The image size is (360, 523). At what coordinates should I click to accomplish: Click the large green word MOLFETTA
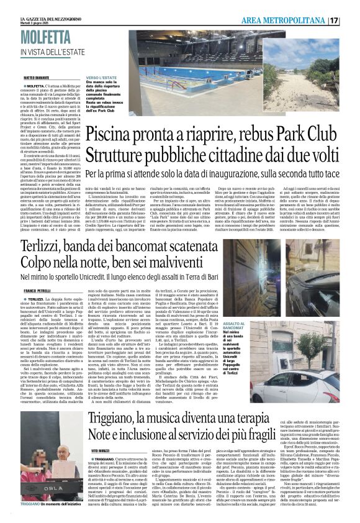(48, 37)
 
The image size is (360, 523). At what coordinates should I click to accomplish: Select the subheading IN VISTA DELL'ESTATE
(53, 51)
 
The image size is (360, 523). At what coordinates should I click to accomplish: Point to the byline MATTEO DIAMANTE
(35, 78)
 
